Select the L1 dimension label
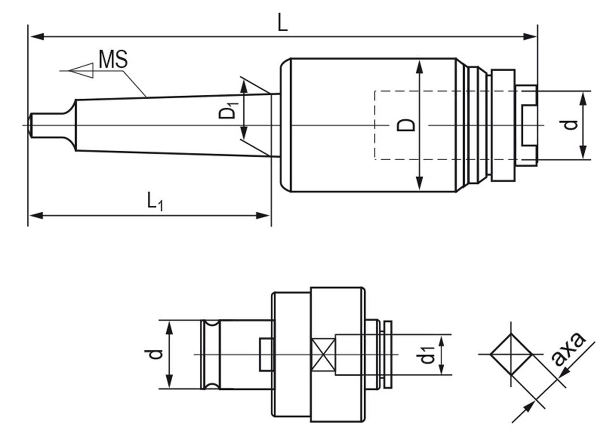tap(155, 202)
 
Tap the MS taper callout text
tap(113, 60)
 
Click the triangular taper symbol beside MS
tap(81, 71)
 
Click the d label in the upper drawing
tap(570, 125)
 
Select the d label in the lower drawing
tap(154, 355)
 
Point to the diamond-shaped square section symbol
tap(511, 355)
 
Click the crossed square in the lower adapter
tap(323, 355)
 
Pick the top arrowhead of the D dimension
tap(420, 67)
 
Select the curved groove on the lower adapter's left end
tap(210, 355)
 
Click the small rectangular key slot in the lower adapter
tap(267, 355)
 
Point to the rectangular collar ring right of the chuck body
tap(503, 125)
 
